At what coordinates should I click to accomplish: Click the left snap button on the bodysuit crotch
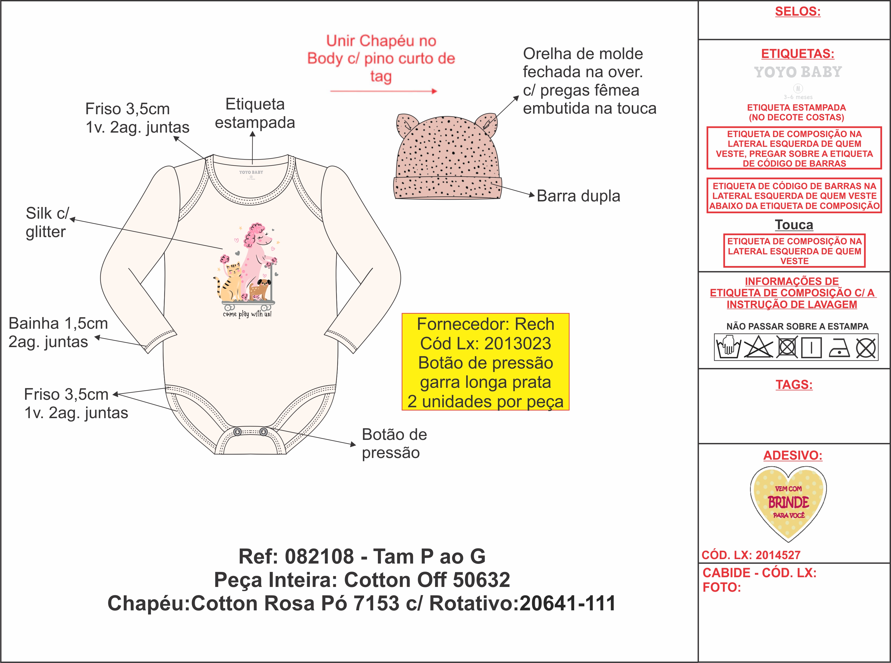coord(237,432)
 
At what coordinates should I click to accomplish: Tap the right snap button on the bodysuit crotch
coord(263,432)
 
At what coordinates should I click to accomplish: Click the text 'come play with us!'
coord(247,314)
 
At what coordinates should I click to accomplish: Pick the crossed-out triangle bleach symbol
coord(758,347)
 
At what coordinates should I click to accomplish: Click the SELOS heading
coord(797,11)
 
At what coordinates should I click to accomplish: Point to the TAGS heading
coord(794,384)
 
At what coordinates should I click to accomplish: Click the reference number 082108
coord(319,556)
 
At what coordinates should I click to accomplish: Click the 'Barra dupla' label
coord(578,196)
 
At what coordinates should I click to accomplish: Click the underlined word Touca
coord(794,225)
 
